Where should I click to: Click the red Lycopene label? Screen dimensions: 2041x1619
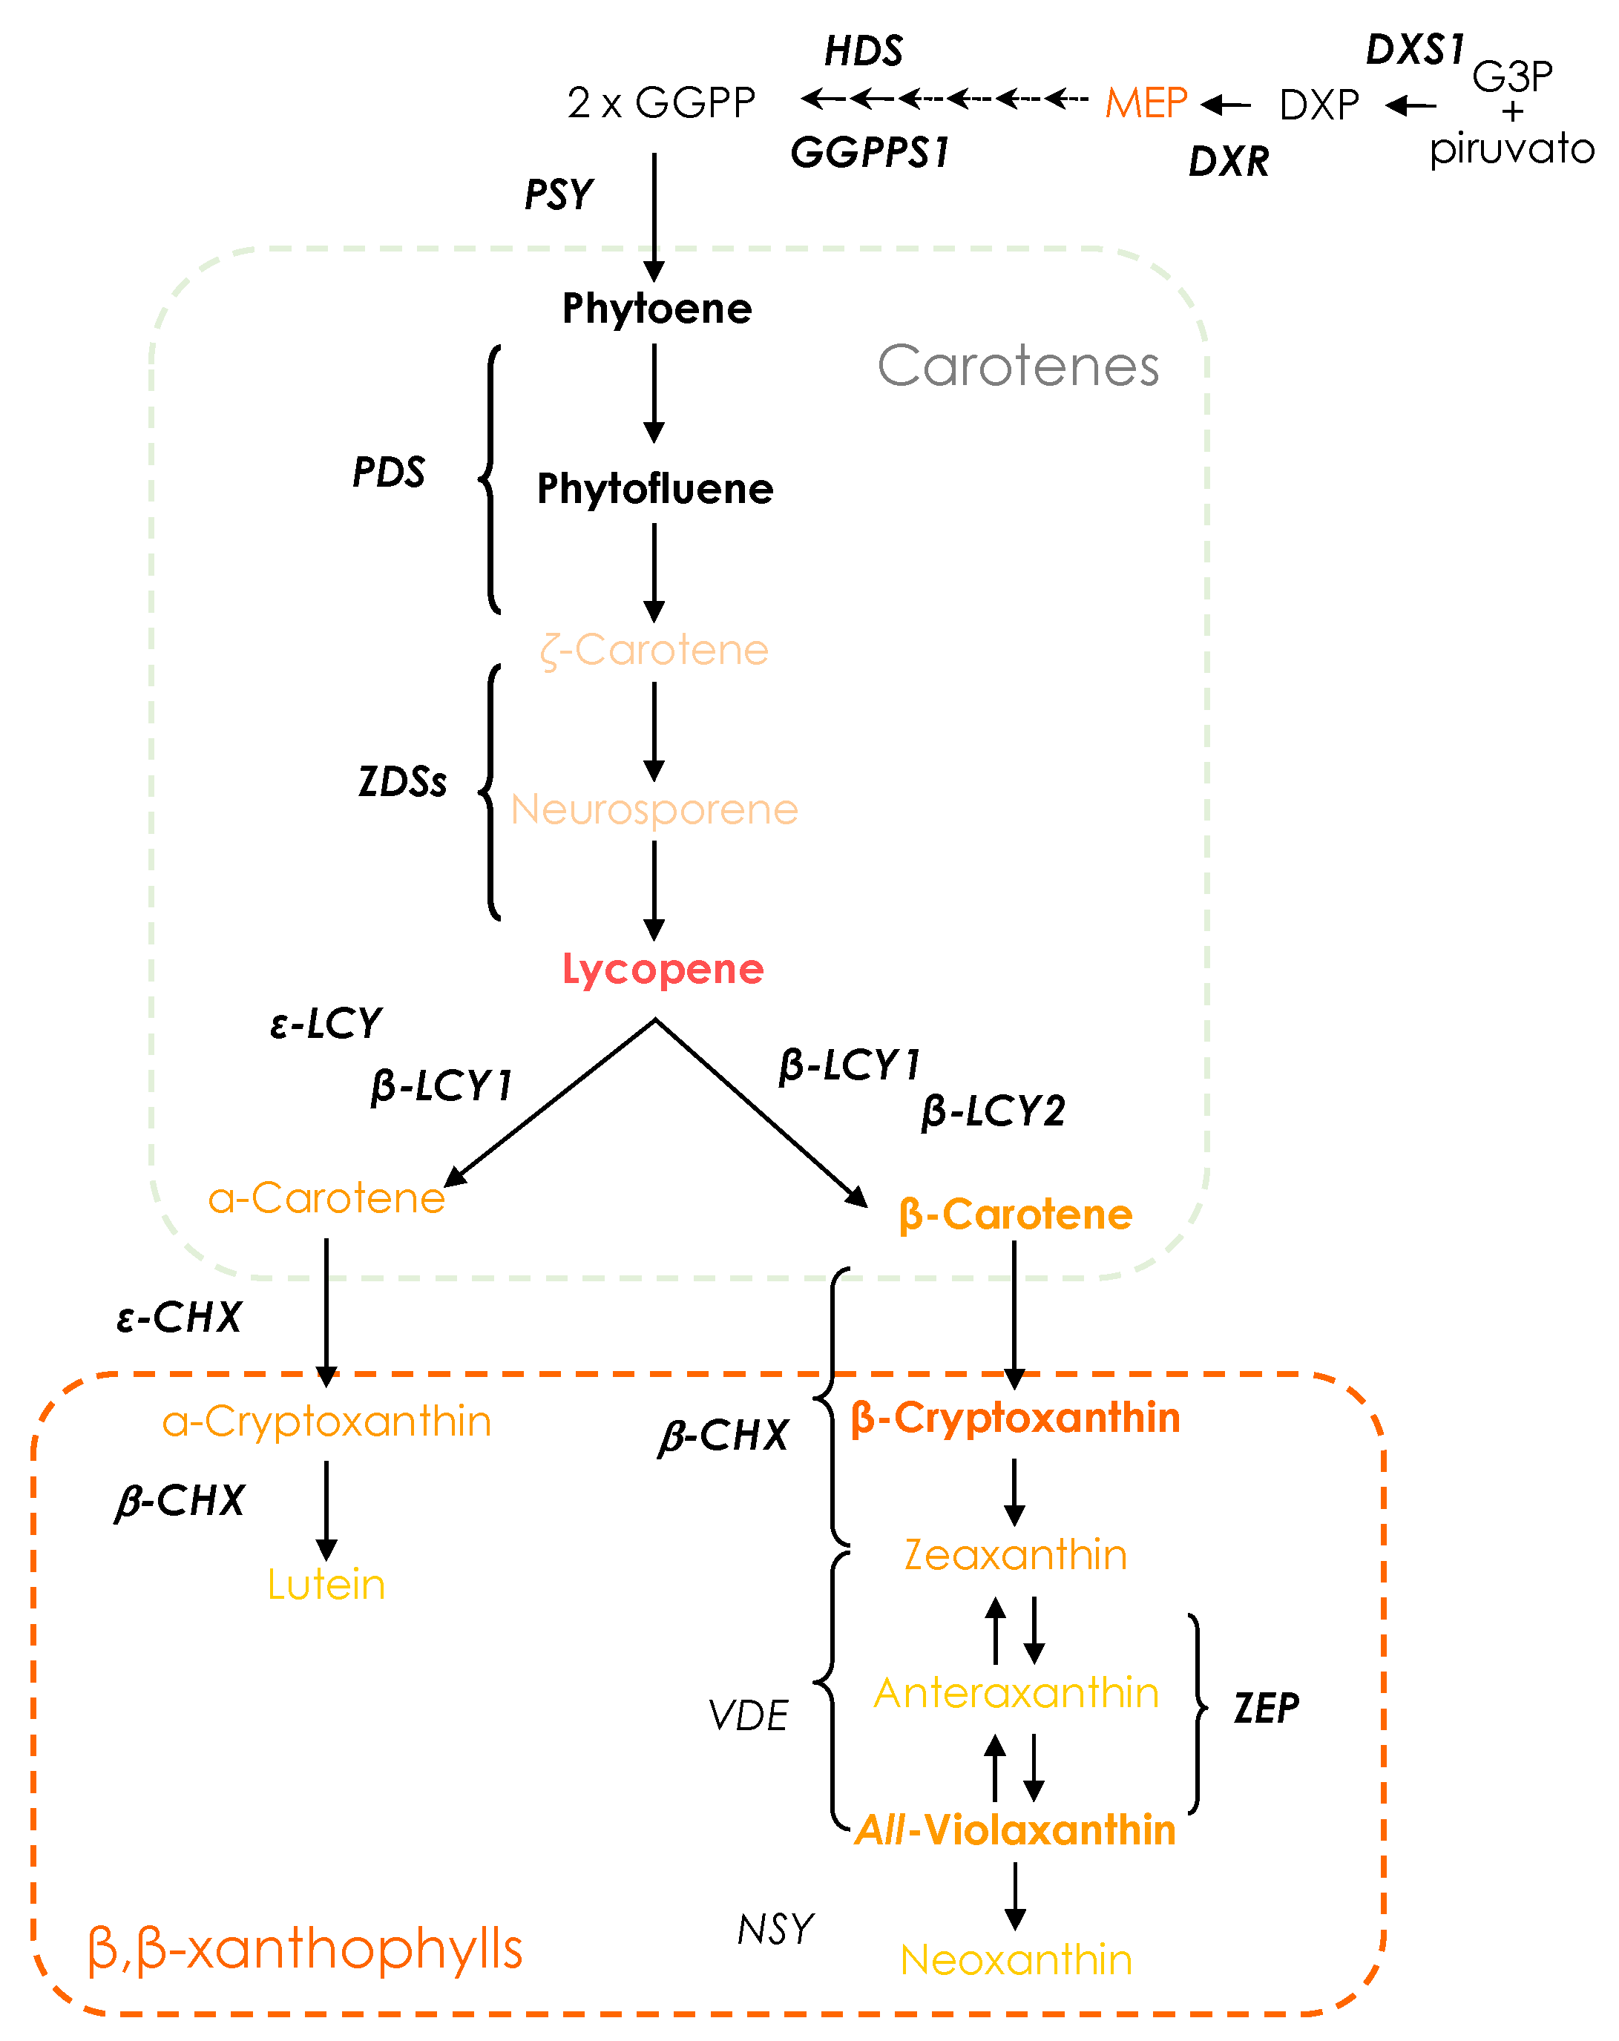[x=662, y=970]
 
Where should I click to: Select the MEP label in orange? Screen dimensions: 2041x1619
[x=1145, y=102]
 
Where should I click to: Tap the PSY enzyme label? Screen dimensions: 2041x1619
[x=559, y=195]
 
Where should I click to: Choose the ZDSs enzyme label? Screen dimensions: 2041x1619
[x=401, y=782]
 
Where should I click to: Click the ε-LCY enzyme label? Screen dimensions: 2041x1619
[x=325, y=1023]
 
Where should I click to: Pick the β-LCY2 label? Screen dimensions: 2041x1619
[x=992, y=1111]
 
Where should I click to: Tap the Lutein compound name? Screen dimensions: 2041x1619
[x=326, y=1585]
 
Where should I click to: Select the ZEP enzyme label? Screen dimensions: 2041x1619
[x=1265, y=1709]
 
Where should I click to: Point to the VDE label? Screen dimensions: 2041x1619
[x=748, y=1715]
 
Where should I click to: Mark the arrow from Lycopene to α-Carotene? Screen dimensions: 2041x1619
[x=549, y=1103]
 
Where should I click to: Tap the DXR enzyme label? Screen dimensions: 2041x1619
[x=1228, y=162]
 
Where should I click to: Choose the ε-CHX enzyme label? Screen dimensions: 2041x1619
[x=179, y=1317]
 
